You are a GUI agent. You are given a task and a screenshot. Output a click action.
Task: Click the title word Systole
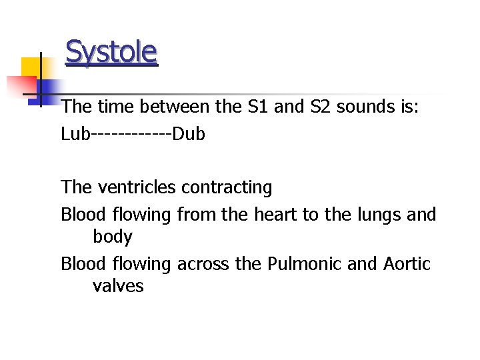tap(111, 51)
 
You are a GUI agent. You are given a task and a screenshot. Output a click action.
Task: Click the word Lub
tap(75, 134)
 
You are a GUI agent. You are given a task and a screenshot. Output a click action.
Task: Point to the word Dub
tap(189, 134)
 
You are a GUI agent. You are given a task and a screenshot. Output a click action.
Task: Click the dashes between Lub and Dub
tap(131, 135)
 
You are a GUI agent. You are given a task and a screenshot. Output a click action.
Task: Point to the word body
tap(113, 237)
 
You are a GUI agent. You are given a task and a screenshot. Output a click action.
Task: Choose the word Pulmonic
tap(305, 264)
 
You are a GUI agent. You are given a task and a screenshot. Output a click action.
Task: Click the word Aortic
tap(407, 264)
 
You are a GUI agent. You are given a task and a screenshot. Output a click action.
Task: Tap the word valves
tap(118, 286)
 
